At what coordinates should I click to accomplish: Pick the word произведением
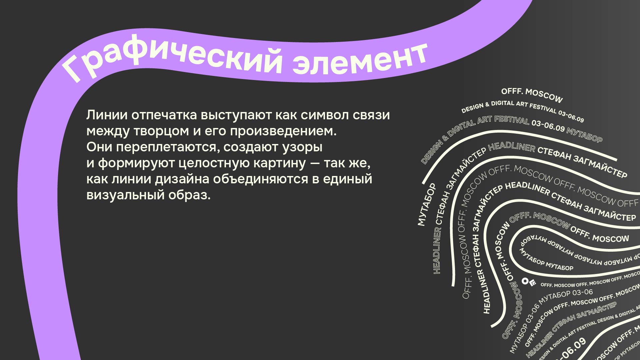click(x=283, y=131)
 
